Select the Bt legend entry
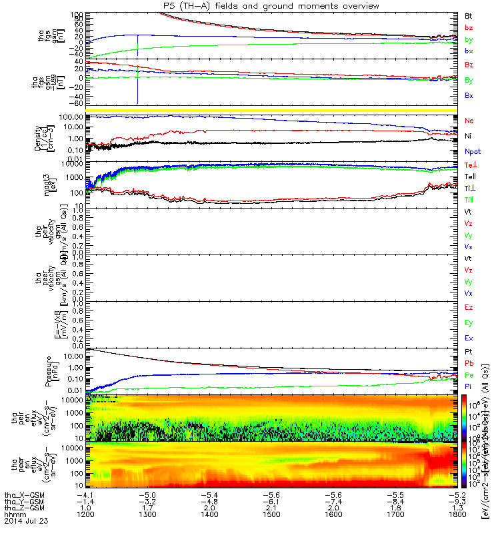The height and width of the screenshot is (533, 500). point(469,15)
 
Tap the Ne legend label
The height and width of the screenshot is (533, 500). point(469,121)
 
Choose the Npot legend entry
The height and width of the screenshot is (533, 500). point(471,152)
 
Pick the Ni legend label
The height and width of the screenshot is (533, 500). point(469,137)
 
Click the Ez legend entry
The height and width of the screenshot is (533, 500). point(469,308)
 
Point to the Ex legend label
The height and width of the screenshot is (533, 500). point(469,339)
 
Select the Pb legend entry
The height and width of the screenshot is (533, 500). point(469,362)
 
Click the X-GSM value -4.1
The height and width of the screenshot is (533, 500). point(85,494)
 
